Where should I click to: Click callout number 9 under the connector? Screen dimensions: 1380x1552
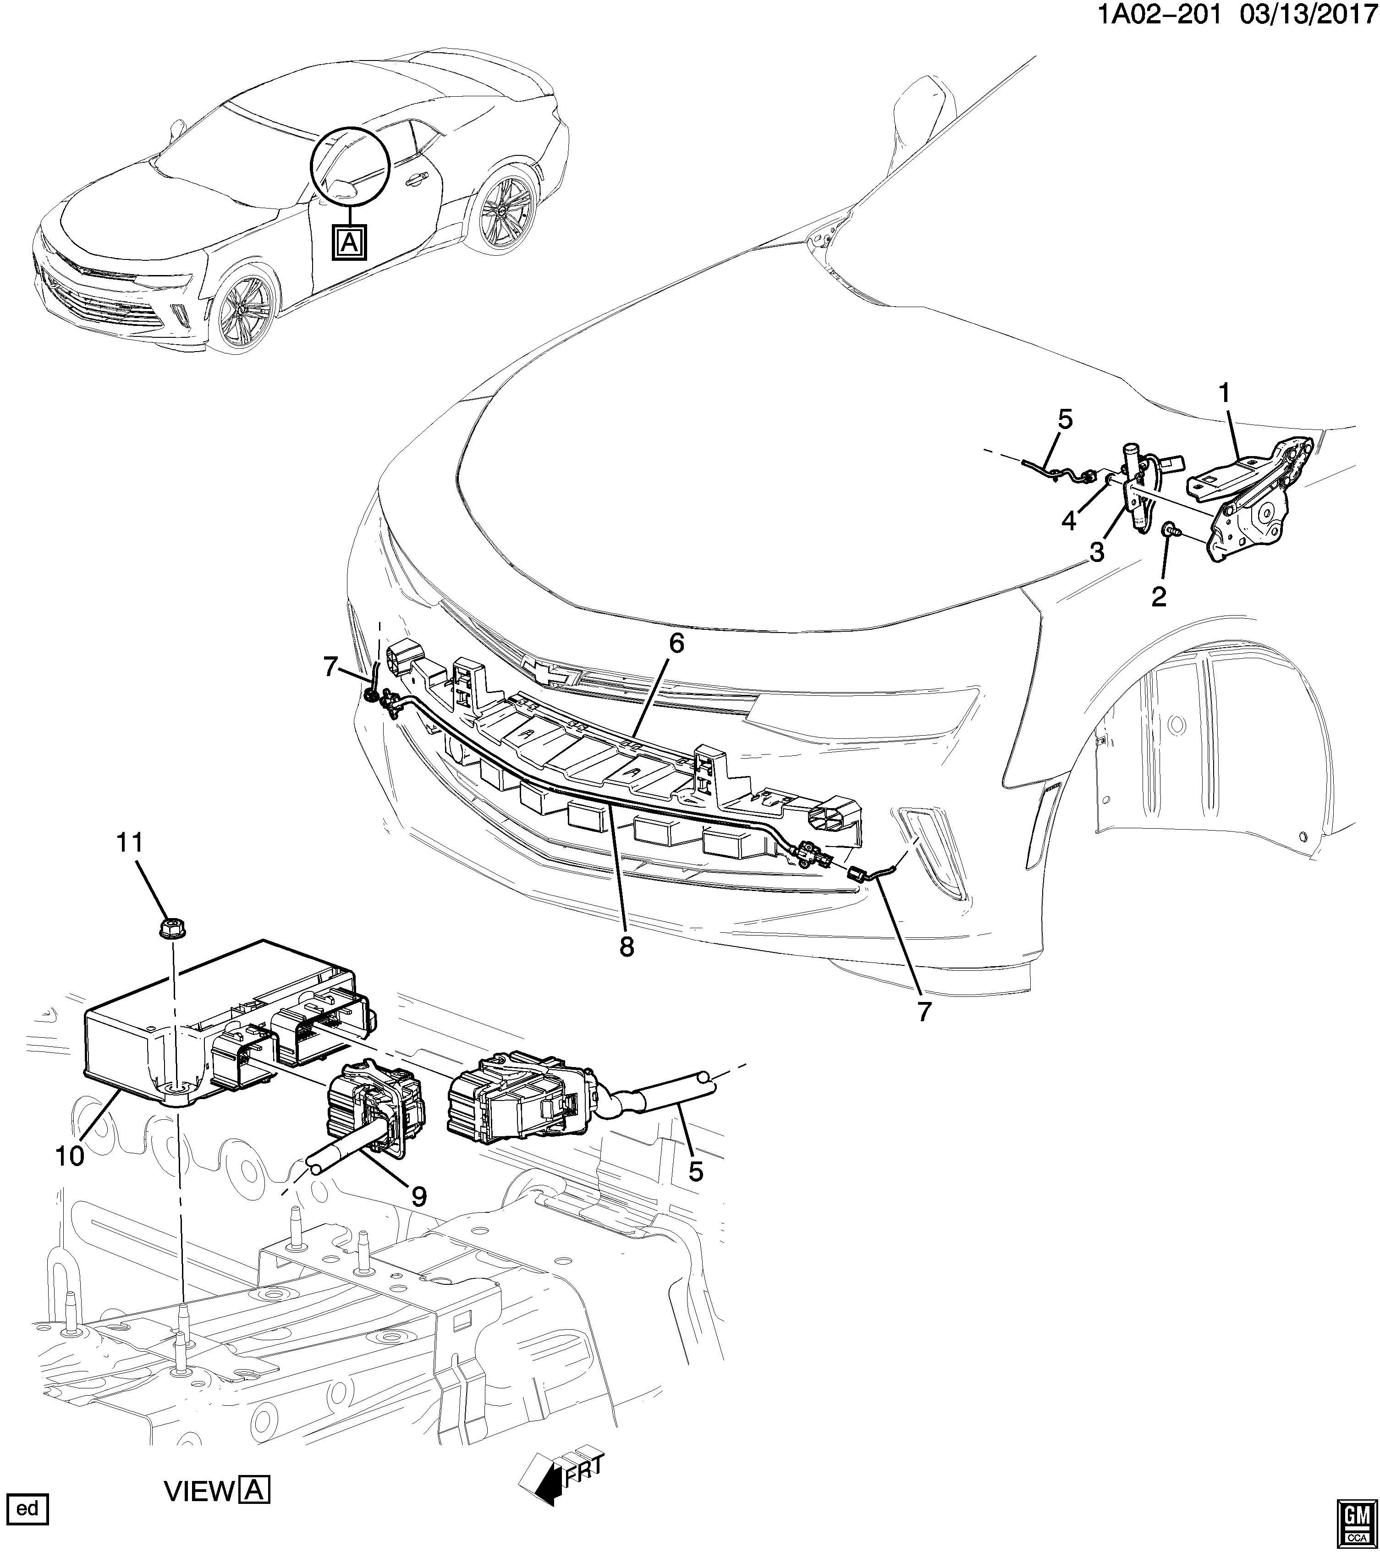(x=418, y=1197)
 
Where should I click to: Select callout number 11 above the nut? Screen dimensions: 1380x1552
(x=129, y=843)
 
